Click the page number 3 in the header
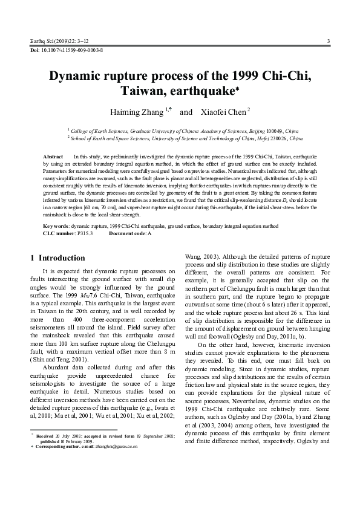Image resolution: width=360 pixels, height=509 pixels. [x=327, y=41]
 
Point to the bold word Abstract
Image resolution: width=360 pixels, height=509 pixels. [x=54, y=157]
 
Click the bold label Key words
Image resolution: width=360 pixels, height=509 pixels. [x=56, y=225]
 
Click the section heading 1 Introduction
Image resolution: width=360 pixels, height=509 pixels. [x=58, y=258]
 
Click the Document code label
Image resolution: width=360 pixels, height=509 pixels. [x=126, y=232]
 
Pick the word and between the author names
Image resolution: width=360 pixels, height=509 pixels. [x=186, y=112]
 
